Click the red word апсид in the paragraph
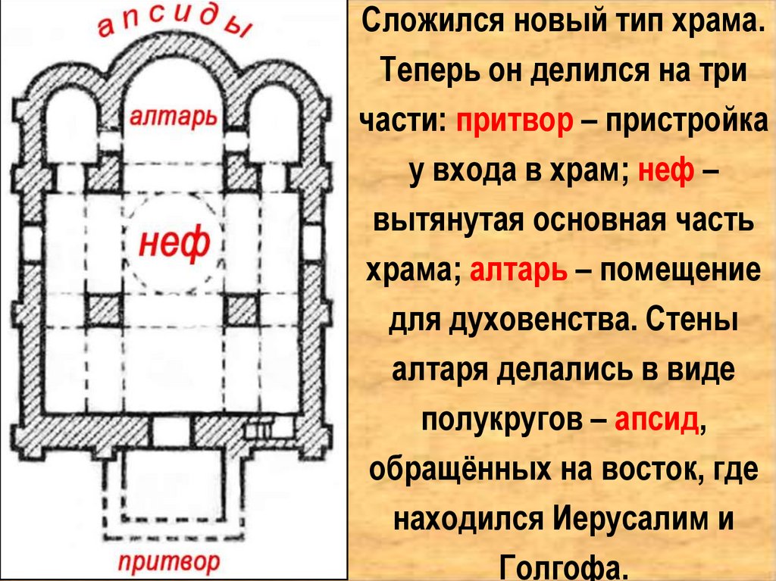point(656,419)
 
